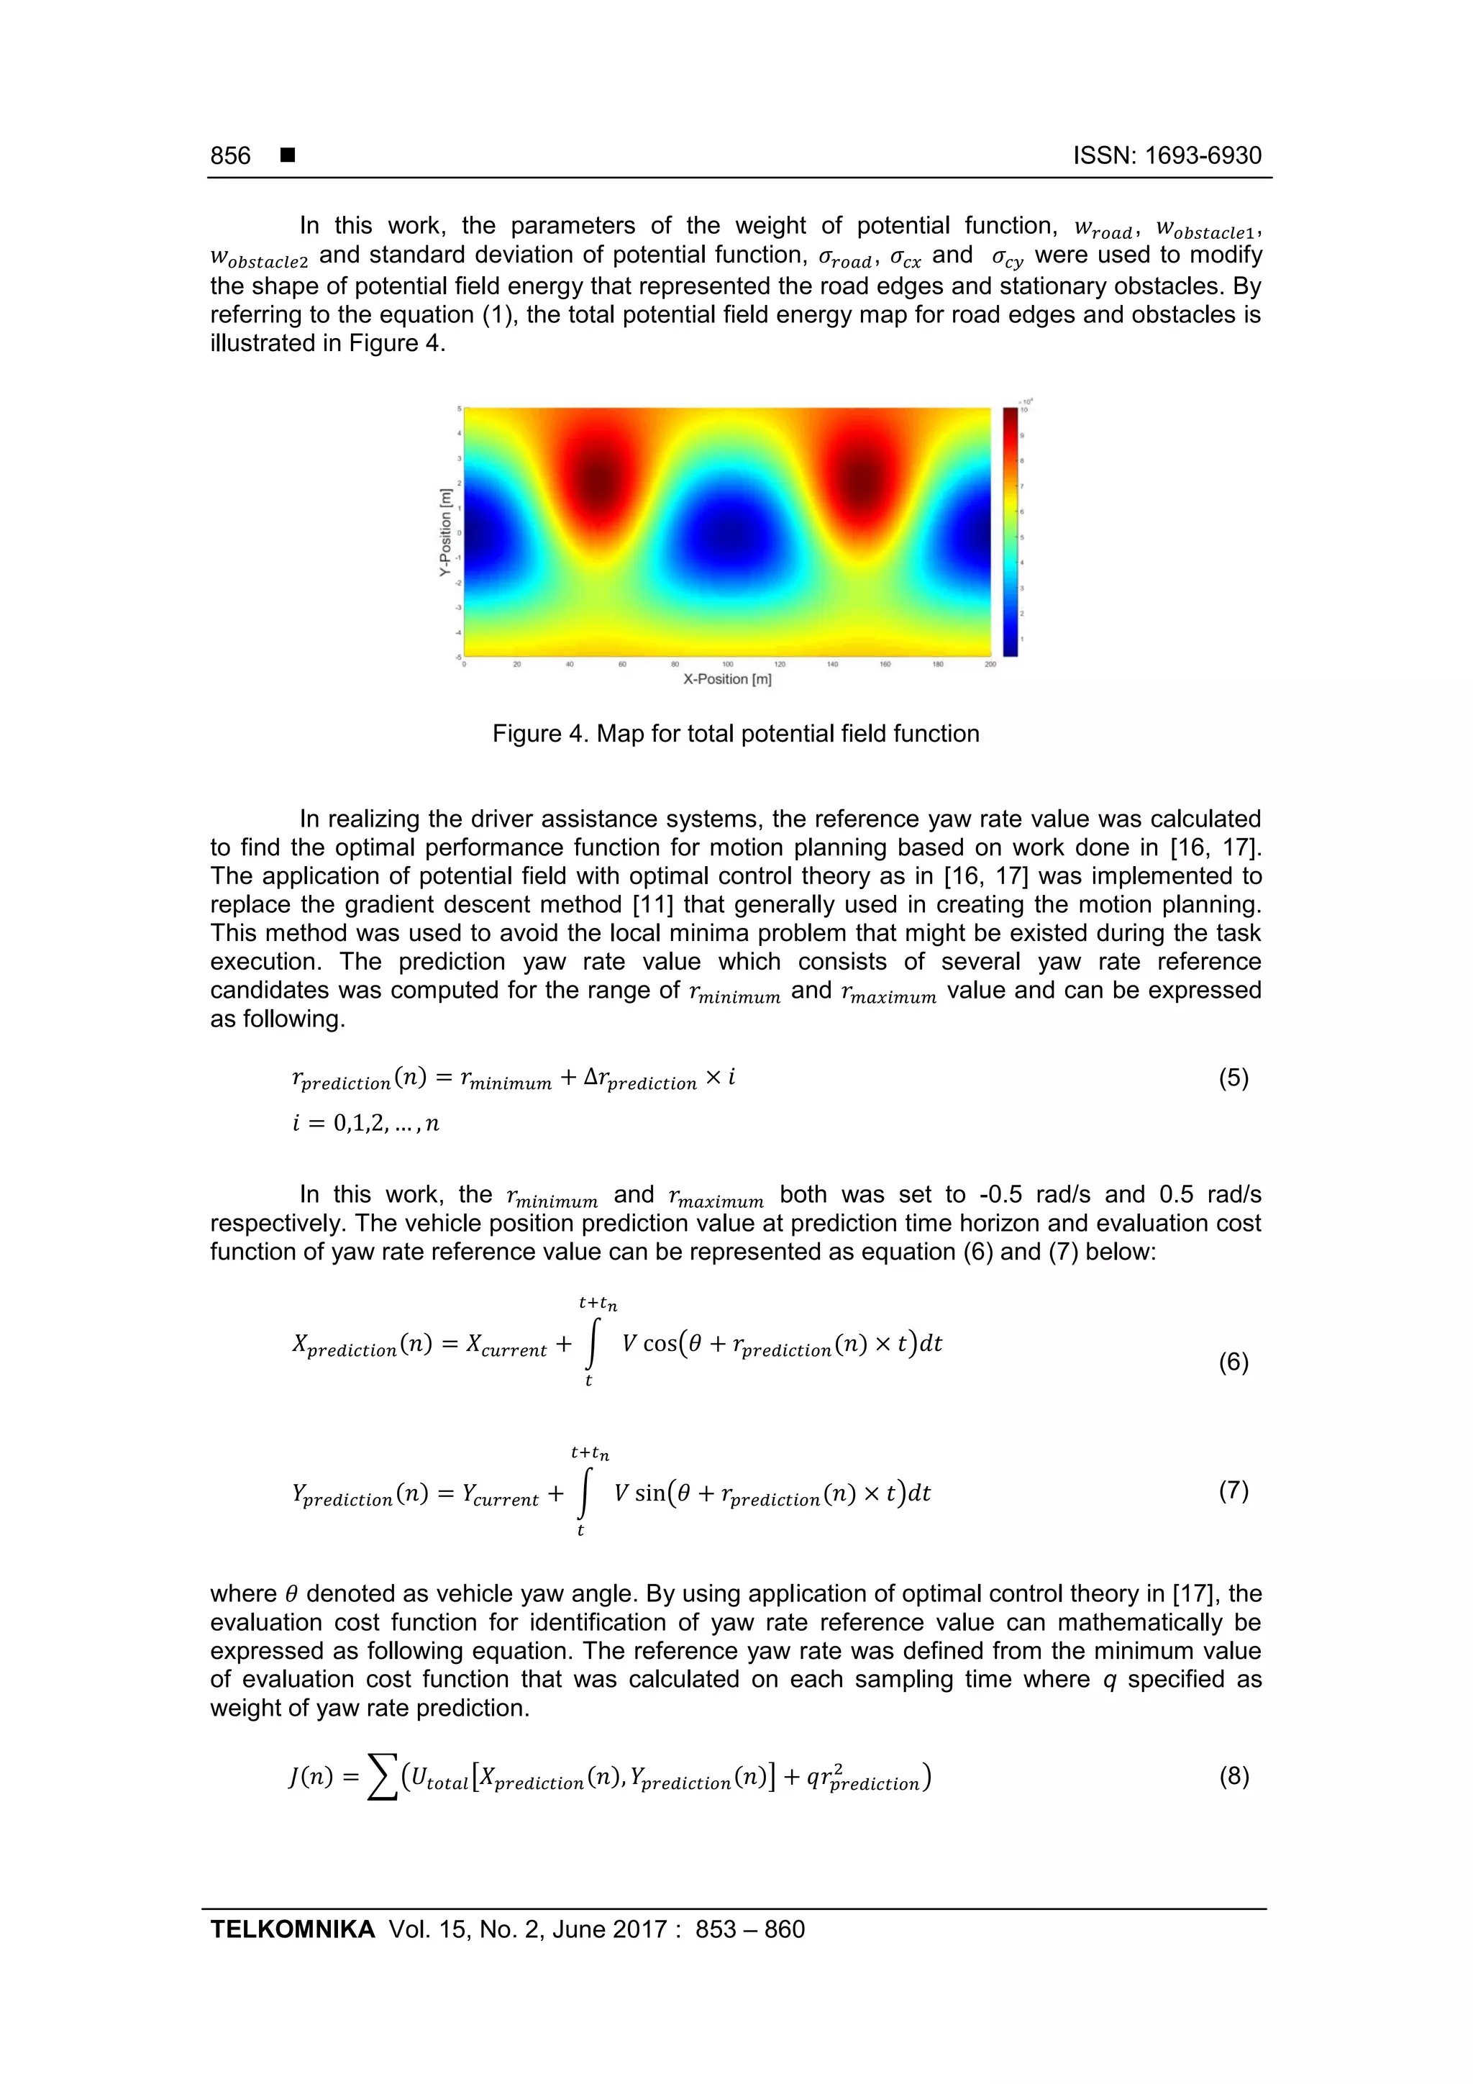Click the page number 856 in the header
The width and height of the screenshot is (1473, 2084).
[x=231, y=156]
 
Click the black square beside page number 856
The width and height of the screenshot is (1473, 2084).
[x=288, y=156]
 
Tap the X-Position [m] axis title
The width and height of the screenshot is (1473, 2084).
[x=727, y=679]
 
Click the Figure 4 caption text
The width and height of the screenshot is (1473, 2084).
[x=735, y=734]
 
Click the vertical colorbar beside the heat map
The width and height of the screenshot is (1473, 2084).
[x=1010, y=531]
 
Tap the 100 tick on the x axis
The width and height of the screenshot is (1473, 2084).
[x=727, y=665]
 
